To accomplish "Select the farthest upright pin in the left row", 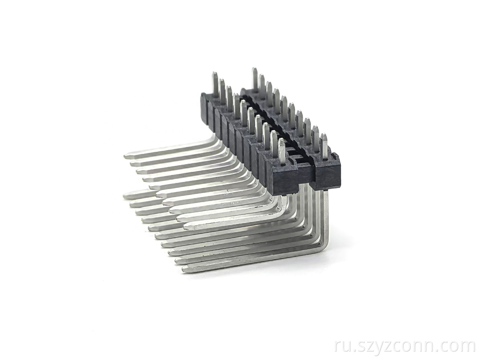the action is (x=215, y=85).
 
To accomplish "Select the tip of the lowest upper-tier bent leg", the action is (x=185, y=228).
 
